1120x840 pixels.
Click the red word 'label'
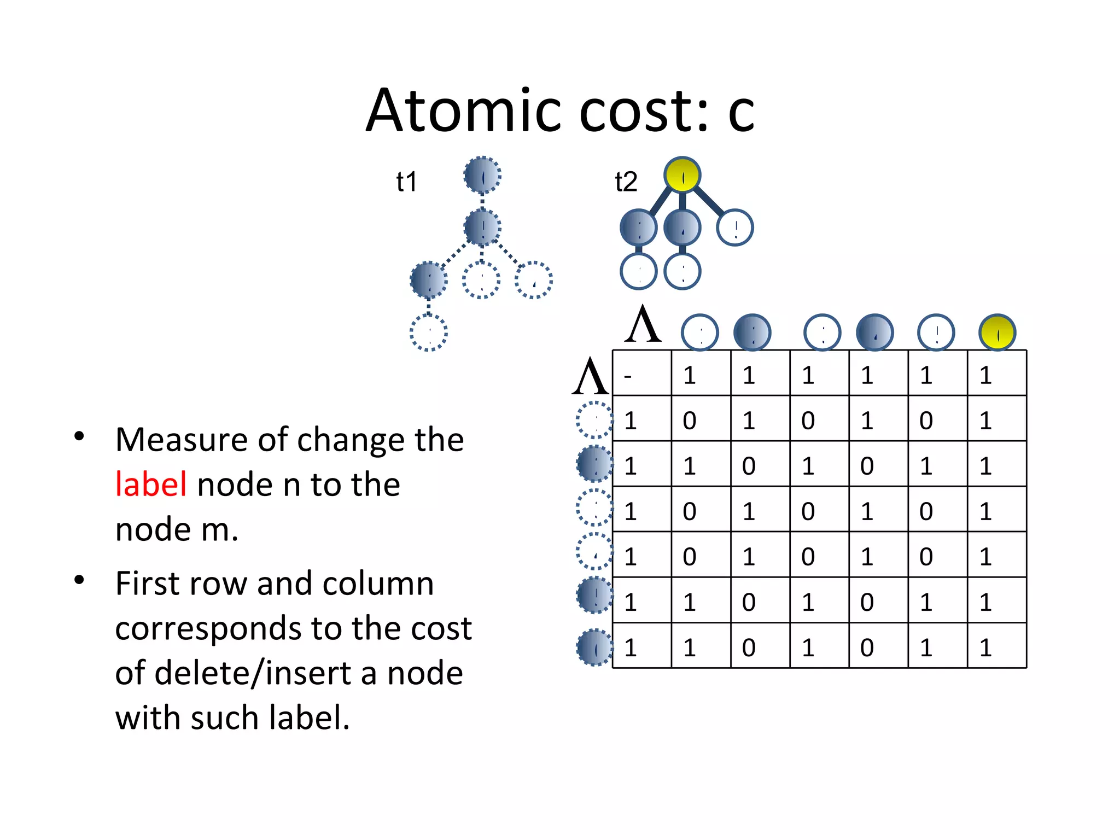pos(151,485)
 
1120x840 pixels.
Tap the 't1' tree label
pos(406,182)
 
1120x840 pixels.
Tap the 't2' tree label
pos(626,182)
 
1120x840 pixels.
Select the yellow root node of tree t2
pos(682,175)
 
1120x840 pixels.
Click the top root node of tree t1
pos(482,176)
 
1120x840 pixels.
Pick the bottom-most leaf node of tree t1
pos(429,332)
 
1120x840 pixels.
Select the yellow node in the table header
pos(997,332)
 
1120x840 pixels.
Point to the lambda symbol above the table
pos(643,325)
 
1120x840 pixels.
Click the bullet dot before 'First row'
pos(79,580)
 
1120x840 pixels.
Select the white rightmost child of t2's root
pos(735,227)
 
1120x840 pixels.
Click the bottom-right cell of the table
pos(996,646)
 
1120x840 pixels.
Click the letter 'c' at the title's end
pos(741,112)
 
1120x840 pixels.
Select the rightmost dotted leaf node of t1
pos(534,281)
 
